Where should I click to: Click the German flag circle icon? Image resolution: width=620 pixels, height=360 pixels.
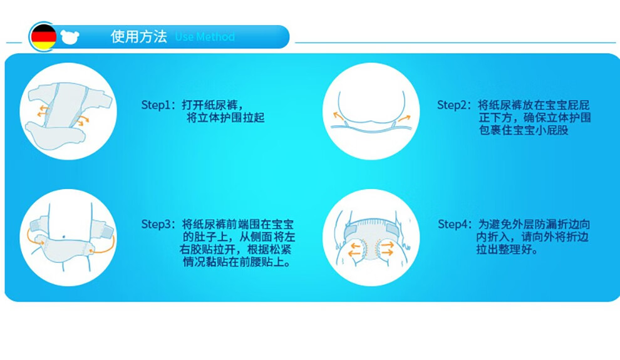pyautogui.click(x=43, y=37)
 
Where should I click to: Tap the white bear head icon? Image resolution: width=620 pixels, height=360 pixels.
pyautogui.click(x=70, y=37)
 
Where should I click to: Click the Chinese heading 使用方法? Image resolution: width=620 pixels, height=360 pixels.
pyautogui.click(x=139, y=36)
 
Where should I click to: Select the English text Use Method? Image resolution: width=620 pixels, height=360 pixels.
pyautogui.click(x=205, y=37)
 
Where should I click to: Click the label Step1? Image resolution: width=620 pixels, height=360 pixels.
pyautogui.click(x=158, y=105)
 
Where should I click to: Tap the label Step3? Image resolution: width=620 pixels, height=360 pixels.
pyautogui.click(x=158, y=225)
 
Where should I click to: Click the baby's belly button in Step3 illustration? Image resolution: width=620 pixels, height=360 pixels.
pyautogui.click(x=64, y=237)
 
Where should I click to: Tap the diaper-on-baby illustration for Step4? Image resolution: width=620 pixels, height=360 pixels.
pyautogui.click(x=371, y=239)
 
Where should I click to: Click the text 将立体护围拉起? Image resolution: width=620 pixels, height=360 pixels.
pyautogui.click(x=225, y=118)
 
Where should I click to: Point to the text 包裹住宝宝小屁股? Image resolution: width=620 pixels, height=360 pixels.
pyautogui.click(x=524, y=130)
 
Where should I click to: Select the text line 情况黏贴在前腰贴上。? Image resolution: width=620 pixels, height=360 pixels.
pyautogui.click(x=237, y=262)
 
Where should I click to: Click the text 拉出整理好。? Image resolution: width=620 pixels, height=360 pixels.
pyautogui.click(x=507, y=250)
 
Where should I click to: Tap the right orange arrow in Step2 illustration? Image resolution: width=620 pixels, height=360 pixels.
pyautogui.click(x=404, y=118)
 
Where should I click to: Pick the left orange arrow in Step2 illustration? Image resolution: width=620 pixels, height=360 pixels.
pyautogui.click(x=338, y=116)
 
